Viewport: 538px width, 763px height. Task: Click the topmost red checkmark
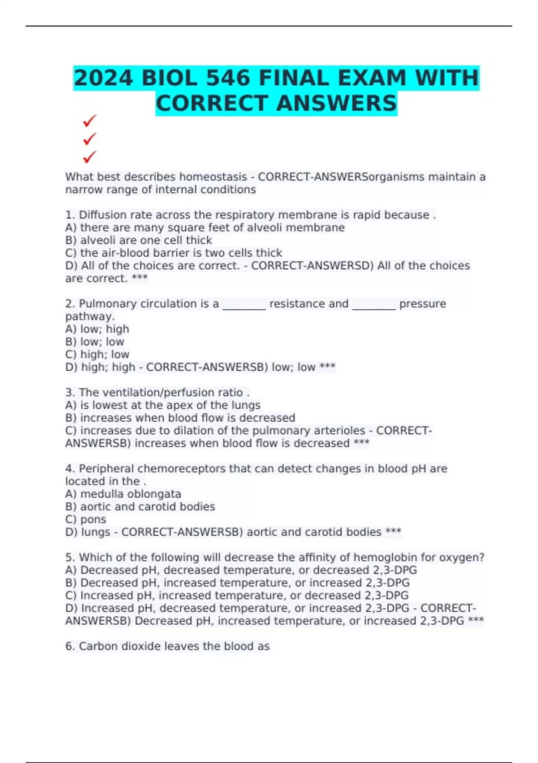(90, 121)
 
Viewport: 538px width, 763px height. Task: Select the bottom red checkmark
(90, 157)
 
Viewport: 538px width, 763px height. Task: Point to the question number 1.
(70, 215)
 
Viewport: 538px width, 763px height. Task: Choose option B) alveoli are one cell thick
(139, 240)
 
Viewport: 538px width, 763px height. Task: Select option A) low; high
(97, 329)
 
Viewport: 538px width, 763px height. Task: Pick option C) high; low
(97, 355)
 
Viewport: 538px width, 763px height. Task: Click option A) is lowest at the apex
(163, 405)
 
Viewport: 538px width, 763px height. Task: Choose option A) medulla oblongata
(123, 494)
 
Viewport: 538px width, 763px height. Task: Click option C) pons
(86, 519)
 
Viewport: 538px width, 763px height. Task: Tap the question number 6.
(70, 646)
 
